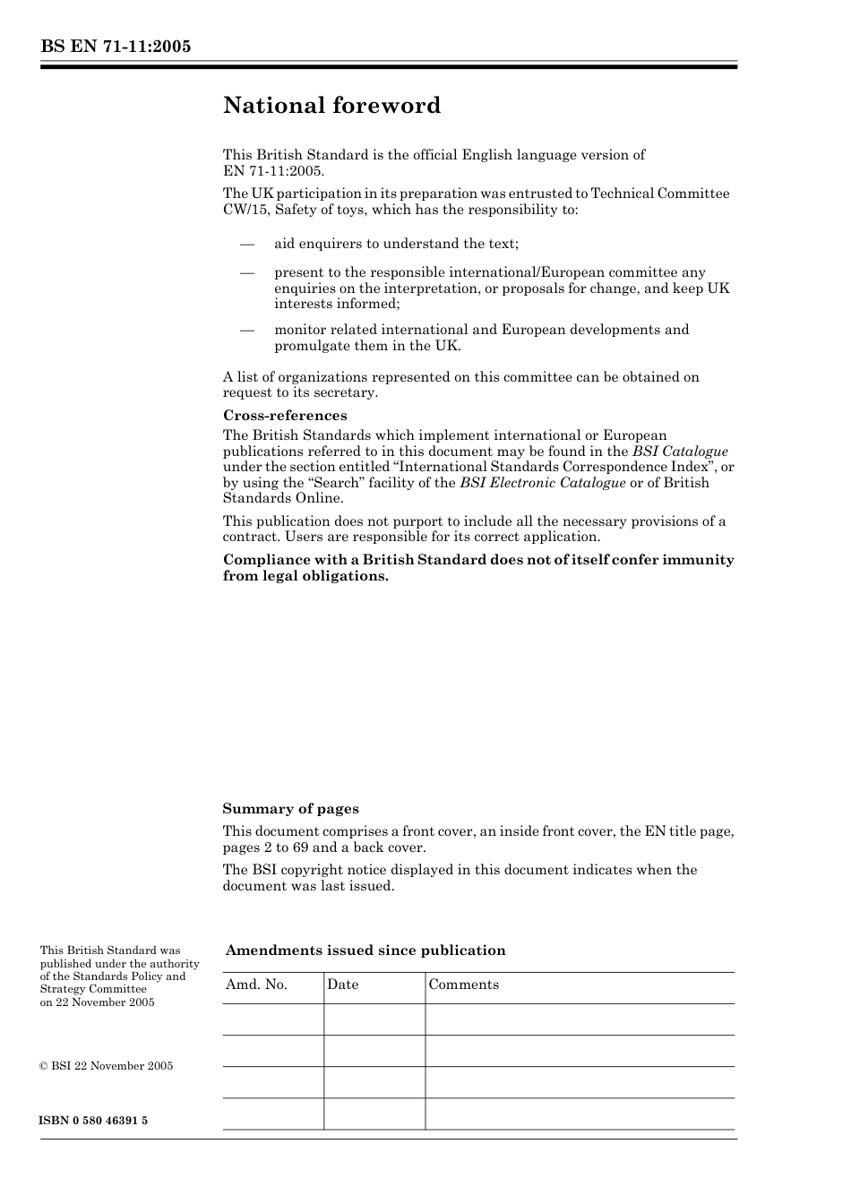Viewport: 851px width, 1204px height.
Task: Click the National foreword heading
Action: click(x=331, y=106)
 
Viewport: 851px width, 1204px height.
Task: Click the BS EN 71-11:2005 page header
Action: click(x=116, y=47)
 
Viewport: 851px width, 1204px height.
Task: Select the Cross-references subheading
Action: click(x=285, y=416)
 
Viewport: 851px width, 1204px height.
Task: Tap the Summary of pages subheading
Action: click(x=290, y=809)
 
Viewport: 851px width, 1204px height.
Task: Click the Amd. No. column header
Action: click(x=256, y=985)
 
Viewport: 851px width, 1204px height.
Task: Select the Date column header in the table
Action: click(x=342, y=985)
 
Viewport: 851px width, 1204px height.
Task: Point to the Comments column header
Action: click(x=463, y=985)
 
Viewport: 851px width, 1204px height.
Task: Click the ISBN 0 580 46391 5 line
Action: click(x=94, y=1121)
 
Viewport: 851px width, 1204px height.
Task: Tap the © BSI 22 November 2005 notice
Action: click(x=107, y=1066)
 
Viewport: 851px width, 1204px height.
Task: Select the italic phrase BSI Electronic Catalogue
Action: click(x=543, y=483)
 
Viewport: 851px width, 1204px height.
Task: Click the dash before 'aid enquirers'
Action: click(x=246, y=244)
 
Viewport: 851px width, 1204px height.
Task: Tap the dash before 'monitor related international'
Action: click(x=246, y=330)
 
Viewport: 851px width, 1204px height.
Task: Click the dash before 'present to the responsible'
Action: click(x=246, y=272)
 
